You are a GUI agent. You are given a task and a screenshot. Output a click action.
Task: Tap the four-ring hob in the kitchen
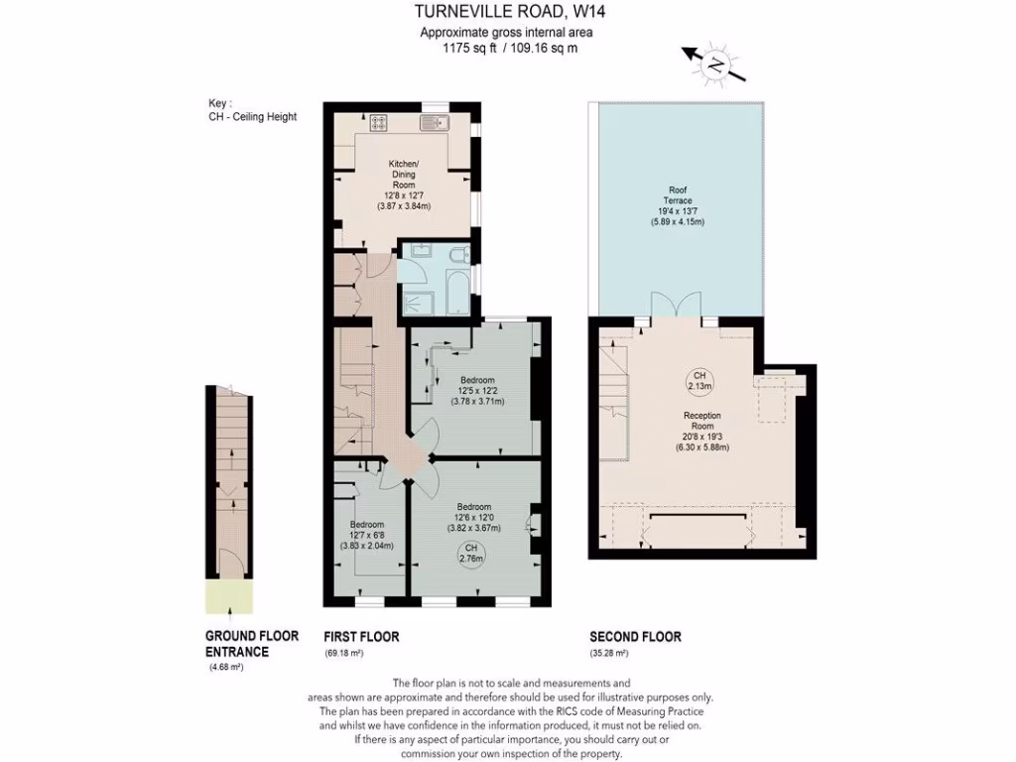click(x=379, y=123)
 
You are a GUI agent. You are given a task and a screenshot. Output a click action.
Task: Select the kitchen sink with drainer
click(x=435, y=123)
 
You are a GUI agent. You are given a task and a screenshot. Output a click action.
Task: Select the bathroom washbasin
click(x=418, y=251)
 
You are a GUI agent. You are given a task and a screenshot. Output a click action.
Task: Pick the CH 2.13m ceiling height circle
click(x=699, y=381)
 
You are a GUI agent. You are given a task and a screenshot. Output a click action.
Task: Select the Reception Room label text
click(x=701, y=432)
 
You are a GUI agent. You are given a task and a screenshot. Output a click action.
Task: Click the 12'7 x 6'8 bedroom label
click(x=366, y=535)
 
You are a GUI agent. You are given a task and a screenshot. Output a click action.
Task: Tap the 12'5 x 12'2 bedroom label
click(x=477, y=391)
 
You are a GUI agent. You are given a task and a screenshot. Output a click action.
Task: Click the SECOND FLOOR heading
click(x=635, y=636)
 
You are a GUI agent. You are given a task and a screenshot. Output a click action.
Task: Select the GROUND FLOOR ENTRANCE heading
click(x=237, y=644)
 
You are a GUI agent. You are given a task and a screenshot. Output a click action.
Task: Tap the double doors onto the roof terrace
click(x=674, y=307)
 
